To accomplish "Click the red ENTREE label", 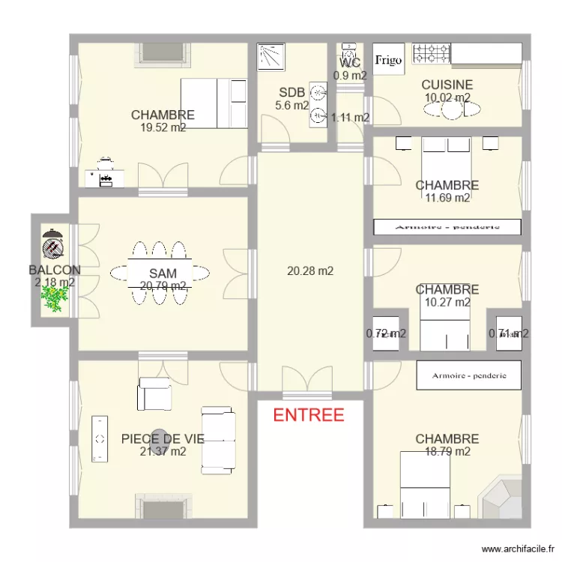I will (x=308, y=415).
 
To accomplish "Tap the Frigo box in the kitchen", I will (x=389, y=59).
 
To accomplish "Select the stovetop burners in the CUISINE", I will (x=432, y=53).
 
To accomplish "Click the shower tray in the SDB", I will (x=268, y=56).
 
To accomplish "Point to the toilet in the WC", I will (x=349, y=52).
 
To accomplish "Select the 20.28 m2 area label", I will (x=310, y=271).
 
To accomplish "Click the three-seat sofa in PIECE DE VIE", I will (x=218, y=439).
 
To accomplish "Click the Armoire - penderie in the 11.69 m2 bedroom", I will (x=447, y=226).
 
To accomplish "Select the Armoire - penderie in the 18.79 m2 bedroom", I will (x=468, y=374).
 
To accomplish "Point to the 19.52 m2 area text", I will (x=163, y=127).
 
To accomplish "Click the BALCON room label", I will (x=55, y=270).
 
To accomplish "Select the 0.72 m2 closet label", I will (x=387, y=334).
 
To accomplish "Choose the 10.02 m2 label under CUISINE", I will (x=447, y=97).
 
